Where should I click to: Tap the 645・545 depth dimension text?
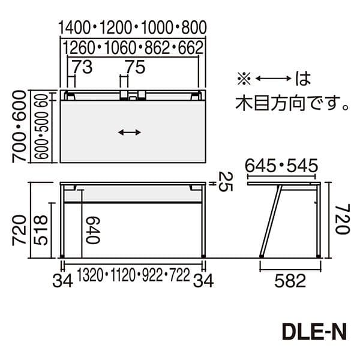281,165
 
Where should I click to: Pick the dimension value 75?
136,68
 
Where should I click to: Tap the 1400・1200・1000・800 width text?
133,28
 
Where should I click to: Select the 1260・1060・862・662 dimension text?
133,47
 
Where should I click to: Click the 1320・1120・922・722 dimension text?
133,275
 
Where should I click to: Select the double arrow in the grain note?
273,78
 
